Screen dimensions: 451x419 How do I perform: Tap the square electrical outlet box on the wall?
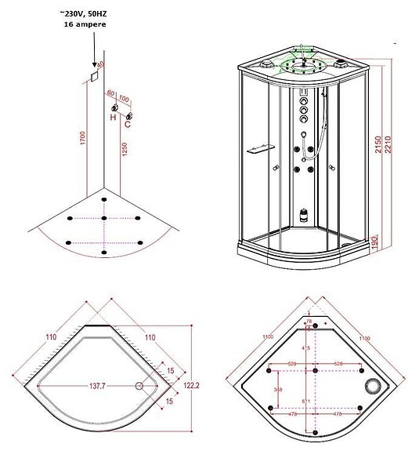[x=92, y=75]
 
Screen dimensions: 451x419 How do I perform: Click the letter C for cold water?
[x=128, y=122]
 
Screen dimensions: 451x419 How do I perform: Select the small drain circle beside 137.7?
[x=139, y=386]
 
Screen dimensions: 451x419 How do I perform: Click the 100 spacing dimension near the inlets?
[x=124, y=100]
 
